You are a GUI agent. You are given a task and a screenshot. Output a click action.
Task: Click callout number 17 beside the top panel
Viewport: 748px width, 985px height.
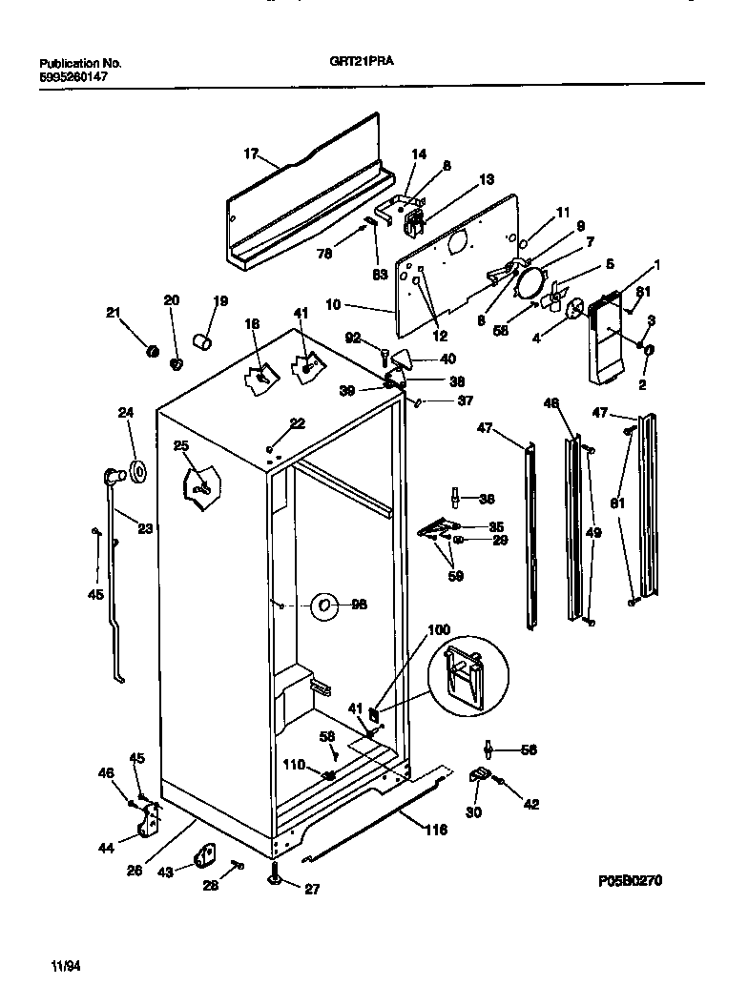pos(251,153)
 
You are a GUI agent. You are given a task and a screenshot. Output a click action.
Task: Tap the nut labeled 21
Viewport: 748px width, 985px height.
pos(151,353)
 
